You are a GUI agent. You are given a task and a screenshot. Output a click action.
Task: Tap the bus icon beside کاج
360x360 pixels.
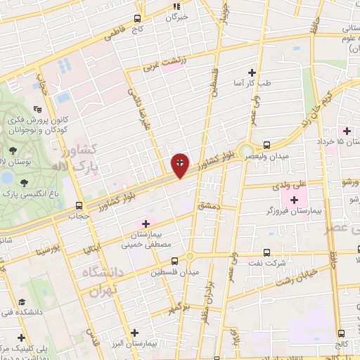138,19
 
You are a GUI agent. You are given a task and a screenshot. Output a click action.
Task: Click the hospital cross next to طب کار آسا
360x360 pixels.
252,72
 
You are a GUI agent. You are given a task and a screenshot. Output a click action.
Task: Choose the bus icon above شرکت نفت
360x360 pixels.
266,252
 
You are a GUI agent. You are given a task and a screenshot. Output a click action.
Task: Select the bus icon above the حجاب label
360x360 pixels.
79,206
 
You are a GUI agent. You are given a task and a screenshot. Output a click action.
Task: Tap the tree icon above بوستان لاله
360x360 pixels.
13,150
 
